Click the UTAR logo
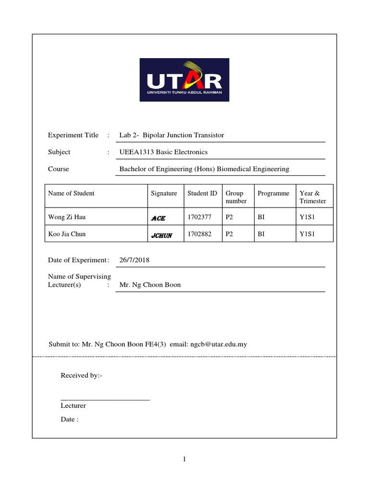pos(184,80)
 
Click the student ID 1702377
pos(199,217)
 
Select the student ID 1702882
pos(199,234)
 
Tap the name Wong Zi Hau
pos(67,217)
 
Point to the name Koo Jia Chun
pos(67,234)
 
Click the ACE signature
pos(158,218)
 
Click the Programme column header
pos(273,193)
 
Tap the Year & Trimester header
pos(312,197)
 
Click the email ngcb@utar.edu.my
pos(218,344)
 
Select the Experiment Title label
pos(73,135)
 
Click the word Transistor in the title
pos(207,135)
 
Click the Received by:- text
pos(81,375)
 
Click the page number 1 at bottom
pos(184,459)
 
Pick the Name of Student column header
pos(71,193)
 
